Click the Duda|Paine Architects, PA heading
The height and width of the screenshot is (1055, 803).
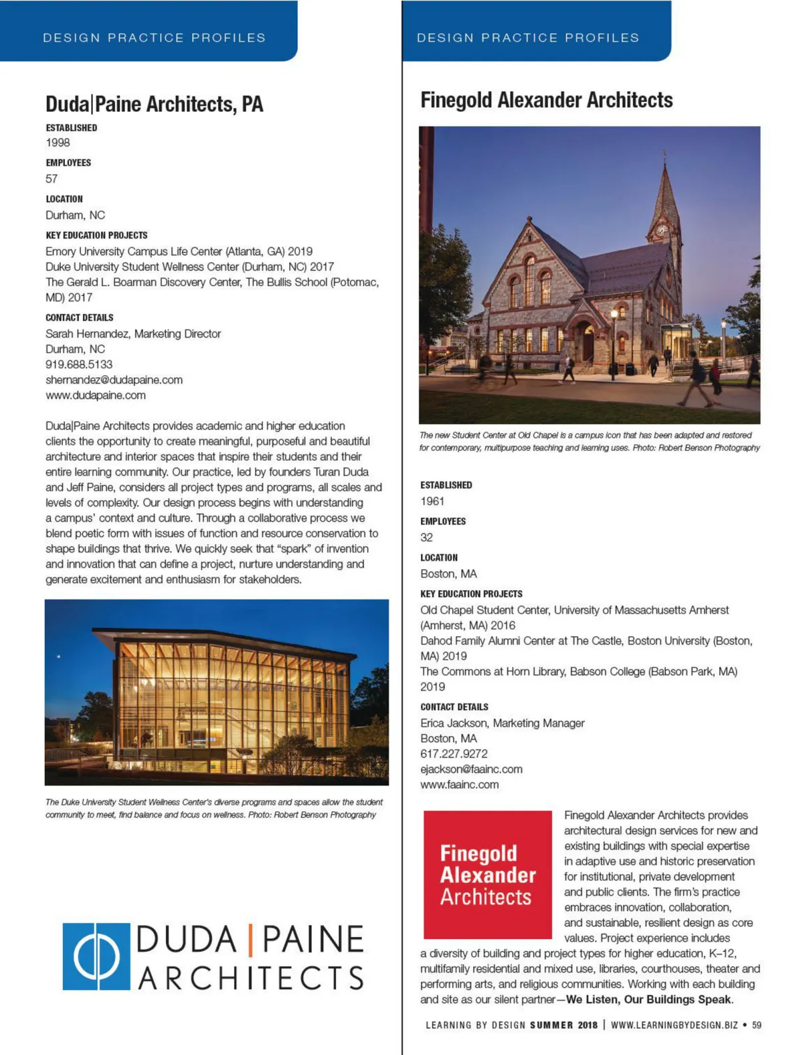pos(154,104)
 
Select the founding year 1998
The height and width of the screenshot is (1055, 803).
pos(58,143)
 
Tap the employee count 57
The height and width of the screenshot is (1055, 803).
pos(52,179)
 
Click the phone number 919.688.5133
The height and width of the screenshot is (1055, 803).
pos(79,364)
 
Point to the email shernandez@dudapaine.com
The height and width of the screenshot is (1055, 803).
pos(114,380)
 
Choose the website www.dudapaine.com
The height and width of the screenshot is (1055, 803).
pos(96,395)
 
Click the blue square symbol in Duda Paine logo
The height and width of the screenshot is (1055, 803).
pos(96,957)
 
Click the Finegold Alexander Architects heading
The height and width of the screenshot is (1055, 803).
pos(546,100)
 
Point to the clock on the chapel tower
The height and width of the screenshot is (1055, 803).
pos(661,230)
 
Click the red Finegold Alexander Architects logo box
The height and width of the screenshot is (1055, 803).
pos(487,874)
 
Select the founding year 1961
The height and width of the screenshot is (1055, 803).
pos(432,501)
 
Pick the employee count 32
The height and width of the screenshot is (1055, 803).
pos(426,537)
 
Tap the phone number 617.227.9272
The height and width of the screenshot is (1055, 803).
pos(454,754)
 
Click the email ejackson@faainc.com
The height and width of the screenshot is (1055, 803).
pos(471,769)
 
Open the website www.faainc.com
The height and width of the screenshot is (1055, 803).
pos(459,784)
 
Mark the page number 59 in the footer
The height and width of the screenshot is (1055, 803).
pos(756,1025)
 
